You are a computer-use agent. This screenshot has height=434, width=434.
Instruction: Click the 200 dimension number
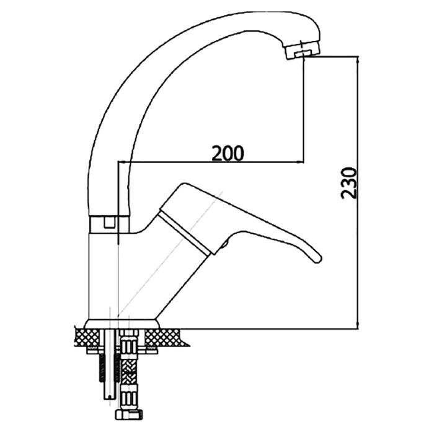tap(228, 153)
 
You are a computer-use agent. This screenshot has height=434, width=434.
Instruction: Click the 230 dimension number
tap(348, 183)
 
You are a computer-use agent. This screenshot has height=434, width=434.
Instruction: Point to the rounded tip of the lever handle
tap(317, 259)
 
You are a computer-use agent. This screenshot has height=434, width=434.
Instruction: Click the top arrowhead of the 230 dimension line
tap(358, 60)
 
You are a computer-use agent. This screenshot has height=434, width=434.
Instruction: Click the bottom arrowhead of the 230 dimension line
tap(358, 325)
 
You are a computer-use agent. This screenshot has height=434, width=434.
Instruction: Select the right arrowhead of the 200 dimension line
tap(300, 162)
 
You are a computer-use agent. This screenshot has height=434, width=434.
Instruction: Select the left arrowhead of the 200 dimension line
tap(122, 162)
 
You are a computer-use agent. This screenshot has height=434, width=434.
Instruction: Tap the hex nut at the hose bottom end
tap(129, 415)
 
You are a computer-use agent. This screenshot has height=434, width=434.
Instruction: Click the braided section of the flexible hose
tap(129, 371)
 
